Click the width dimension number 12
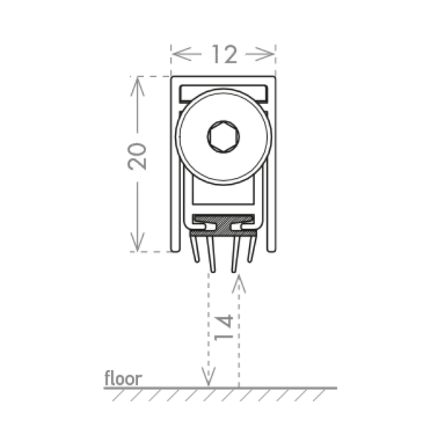pos(224,54)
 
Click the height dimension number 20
pos(137,156)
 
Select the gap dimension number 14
pos(224,327)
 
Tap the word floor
pos(123,378)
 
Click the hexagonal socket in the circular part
pos(223,136)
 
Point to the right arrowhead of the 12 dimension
pos(265,53)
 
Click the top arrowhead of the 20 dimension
pos(137,87)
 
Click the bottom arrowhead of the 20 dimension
pos(137,242)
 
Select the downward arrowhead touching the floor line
pos(208,376)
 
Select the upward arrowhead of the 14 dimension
pos(239,284)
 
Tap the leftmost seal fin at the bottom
pos(194,248)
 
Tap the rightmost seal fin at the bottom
pos(251,248)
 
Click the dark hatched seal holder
pos(223,225)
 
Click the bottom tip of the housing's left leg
pos(176,251)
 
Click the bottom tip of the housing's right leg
pos(271,251)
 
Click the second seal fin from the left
pos(211,254)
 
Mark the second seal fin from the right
pos(236,254)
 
